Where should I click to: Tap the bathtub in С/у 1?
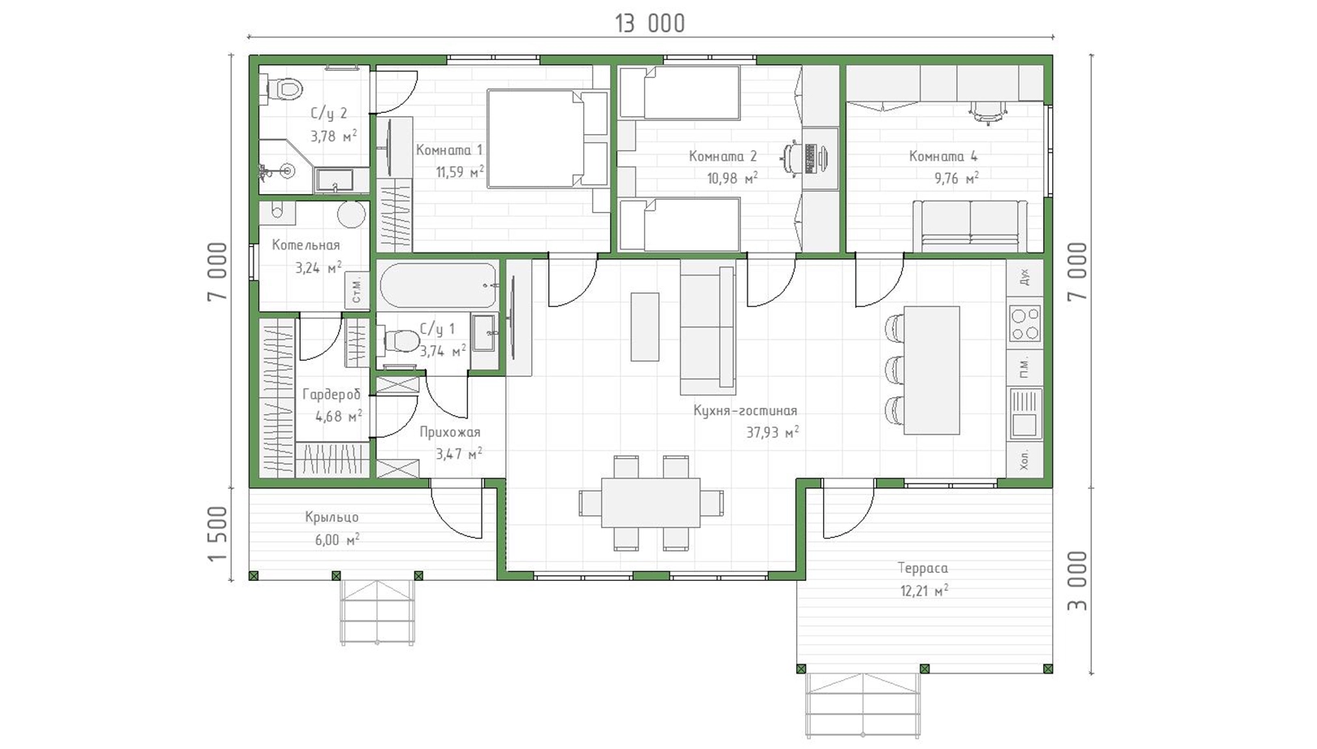click(x=439, y=285)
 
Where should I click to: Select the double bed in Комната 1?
click(x=548, y=139)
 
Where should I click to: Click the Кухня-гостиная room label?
click(x=745, y=410)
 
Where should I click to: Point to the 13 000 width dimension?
click(x=650, y=24)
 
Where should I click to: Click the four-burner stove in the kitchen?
click(x=1025, y=324)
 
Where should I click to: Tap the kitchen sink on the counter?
click(x=1025, y=413)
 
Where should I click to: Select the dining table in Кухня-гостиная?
click(x=650, y=503)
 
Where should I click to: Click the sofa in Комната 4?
click(x=970, y=227)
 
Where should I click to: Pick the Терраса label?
click(x=922, y=569)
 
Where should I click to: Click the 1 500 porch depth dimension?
click(x=217, y=534)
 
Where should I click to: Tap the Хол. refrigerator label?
click(x=1025, y=460)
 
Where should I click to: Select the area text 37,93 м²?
click(x=772, y=433)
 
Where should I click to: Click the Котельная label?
click(x=305, y=245)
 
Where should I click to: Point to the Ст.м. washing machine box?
click(x=357, y=290)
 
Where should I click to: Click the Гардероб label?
click(x=331, y=395)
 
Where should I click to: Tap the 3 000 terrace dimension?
click(x=1077, y=581)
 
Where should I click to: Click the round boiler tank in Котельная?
click(x=352, y=215)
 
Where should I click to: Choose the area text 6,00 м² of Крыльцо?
click(x=337, y=539)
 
